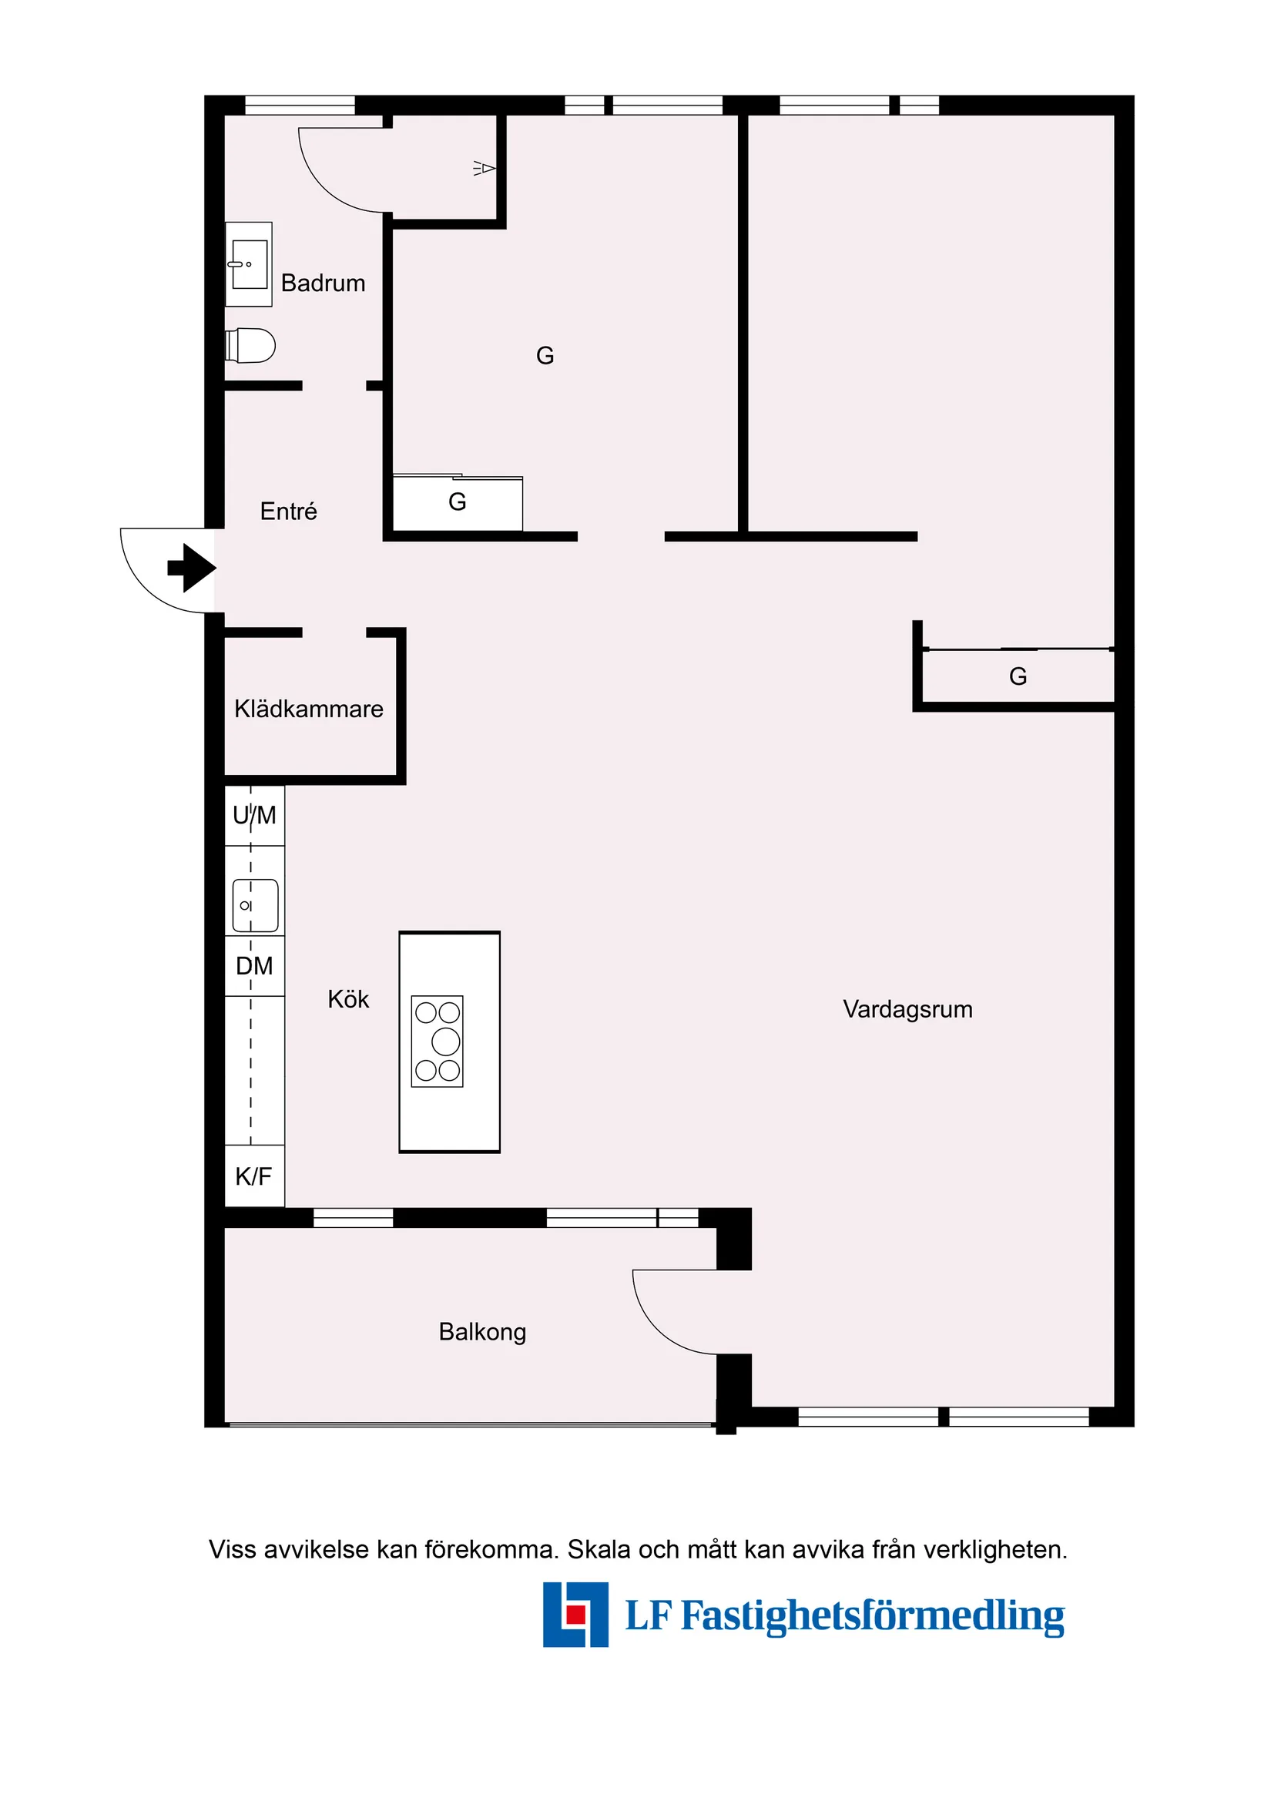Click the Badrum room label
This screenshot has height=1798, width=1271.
pyautogui.click(x=323, y=283)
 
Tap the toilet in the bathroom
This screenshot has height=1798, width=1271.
pyautogui.click(x=250, y=345)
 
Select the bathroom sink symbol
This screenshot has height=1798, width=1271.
pyautogui.click(x=249, y=264)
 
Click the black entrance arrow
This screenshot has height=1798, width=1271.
pyautogui.click(x=192, y=567)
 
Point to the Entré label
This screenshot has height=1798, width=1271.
pyautogui.click(x=288, y=512)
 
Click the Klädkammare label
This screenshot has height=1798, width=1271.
pyautogui.click(x=309, y=709)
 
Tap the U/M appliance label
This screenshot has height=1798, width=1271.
pyautogui.click(x=254, y=816)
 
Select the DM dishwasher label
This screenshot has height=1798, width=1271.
pyautogui.click(x=254, y=966)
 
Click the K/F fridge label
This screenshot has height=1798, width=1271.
pyautogui.click(x=253, y=1176)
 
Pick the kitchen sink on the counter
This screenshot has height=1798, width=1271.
pyautogui.click(x=255, y=905)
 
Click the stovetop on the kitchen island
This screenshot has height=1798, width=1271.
pyautogui.click(x=437, y=1042)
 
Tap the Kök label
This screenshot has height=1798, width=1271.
pyautogui.click(x=348, y=999)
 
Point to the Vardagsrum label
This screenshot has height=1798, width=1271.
pyautogui.click(x=907, y=1009)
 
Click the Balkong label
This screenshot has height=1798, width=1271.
pyautogui.click(x=482, y=1332)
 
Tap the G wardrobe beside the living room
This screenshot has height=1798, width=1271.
pyautogui.click(x=1018, y=676)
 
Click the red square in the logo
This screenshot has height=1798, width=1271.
pyautogui.click(x=575, y=1614)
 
